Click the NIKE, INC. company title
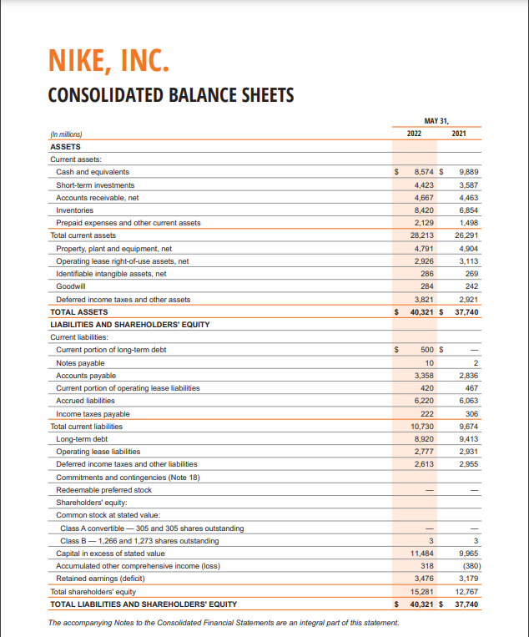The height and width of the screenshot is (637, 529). point(107,61)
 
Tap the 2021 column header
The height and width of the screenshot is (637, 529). point(459,134)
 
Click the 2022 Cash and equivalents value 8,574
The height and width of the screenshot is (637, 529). point(426,171)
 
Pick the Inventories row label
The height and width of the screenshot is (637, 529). point(74,210)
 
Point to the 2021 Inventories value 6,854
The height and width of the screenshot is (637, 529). point(468,210)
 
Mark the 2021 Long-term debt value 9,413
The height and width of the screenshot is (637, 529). point(468,438)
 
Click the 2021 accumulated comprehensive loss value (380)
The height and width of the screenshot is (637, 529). point(469,565)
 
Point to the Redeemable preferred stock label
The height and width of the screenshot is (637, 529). point(103,489)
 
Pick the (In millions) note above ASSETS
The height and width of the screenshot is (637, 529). point(67,134)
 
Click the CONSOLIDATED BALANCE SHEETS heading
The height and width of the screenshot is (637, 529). point(171,94)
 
